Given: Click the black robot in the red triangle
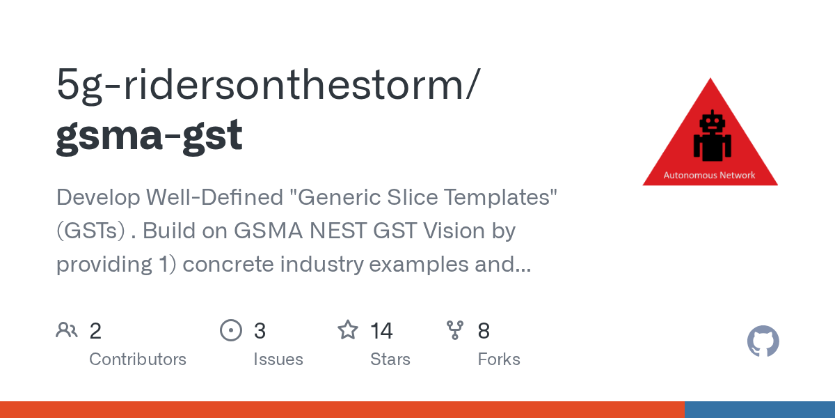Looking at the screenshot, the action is click(712, 136).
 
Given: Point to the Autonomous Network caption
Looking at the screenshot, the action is click(709, 175).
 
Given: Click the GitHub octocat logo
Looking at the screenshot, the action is click(763, 341).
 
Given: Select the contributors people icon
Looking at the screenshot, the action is click(67, 330).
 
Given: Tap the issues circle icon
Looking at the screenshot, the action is click(231, 330).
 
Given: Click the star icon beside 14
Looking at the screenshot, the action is click(348, 330).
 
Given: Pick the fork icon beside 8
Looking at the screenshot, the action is click(455, 330).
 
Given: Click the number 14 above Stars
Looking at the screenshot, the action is click(381, 331).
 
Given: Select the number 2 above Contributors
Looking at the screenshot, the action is click(95, 331).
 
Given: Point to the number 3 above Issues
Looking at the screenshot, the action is click(260, 331).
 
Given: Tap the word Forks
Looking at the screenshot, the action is click(499, 359).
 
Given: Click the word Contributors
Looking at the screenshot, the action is click(138, 359).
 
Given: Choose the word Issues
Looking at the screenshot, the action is click(278, 359).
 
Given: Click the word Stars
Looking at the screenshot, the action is click(390, 359).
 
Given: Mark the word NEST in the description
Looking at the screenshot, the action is click(337, 231).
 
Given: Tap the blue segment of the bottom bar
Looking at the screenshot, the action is click(760, 410).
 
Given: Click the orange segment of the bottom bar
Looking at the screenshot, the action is click(342, 410).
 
